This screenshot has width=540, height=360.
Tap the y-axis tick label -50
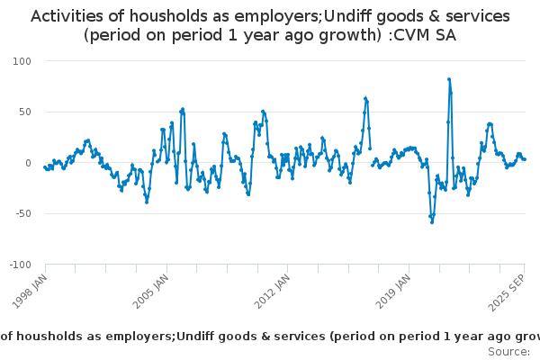pyautogui.click(x=22, y=214)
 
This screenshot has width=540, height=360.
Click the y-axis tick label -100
pyautogui.click(x=19, y=265)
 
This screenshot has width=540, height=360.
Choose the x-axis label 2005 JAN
pyautogui.click(x=151, y=290)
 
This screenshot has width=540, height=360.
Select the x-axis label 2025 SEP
pyautogui.click(x=508, y=290)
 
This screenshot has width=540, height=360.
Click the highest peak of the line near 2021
pyautogui.click(x=449, y=79)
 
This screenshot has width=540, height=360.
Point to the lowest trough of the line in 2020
pyautogui.click(x=432, y=221)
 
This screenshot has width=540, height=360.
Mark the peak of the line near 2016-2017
pyautogui.click(x=365, y=98)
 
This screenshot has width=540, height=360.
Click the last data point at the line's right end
pyautogui.click(x=525, y=159)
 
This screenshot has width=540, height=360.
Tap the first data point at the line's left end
pyautogui.click(x=45, y=166)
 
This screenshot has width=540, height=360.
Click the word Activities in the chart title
pyautogui.click(x=66, y=16)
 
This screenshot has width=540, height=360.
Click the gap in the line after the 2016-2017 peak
pyautogui.click(x=371, y=157)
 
